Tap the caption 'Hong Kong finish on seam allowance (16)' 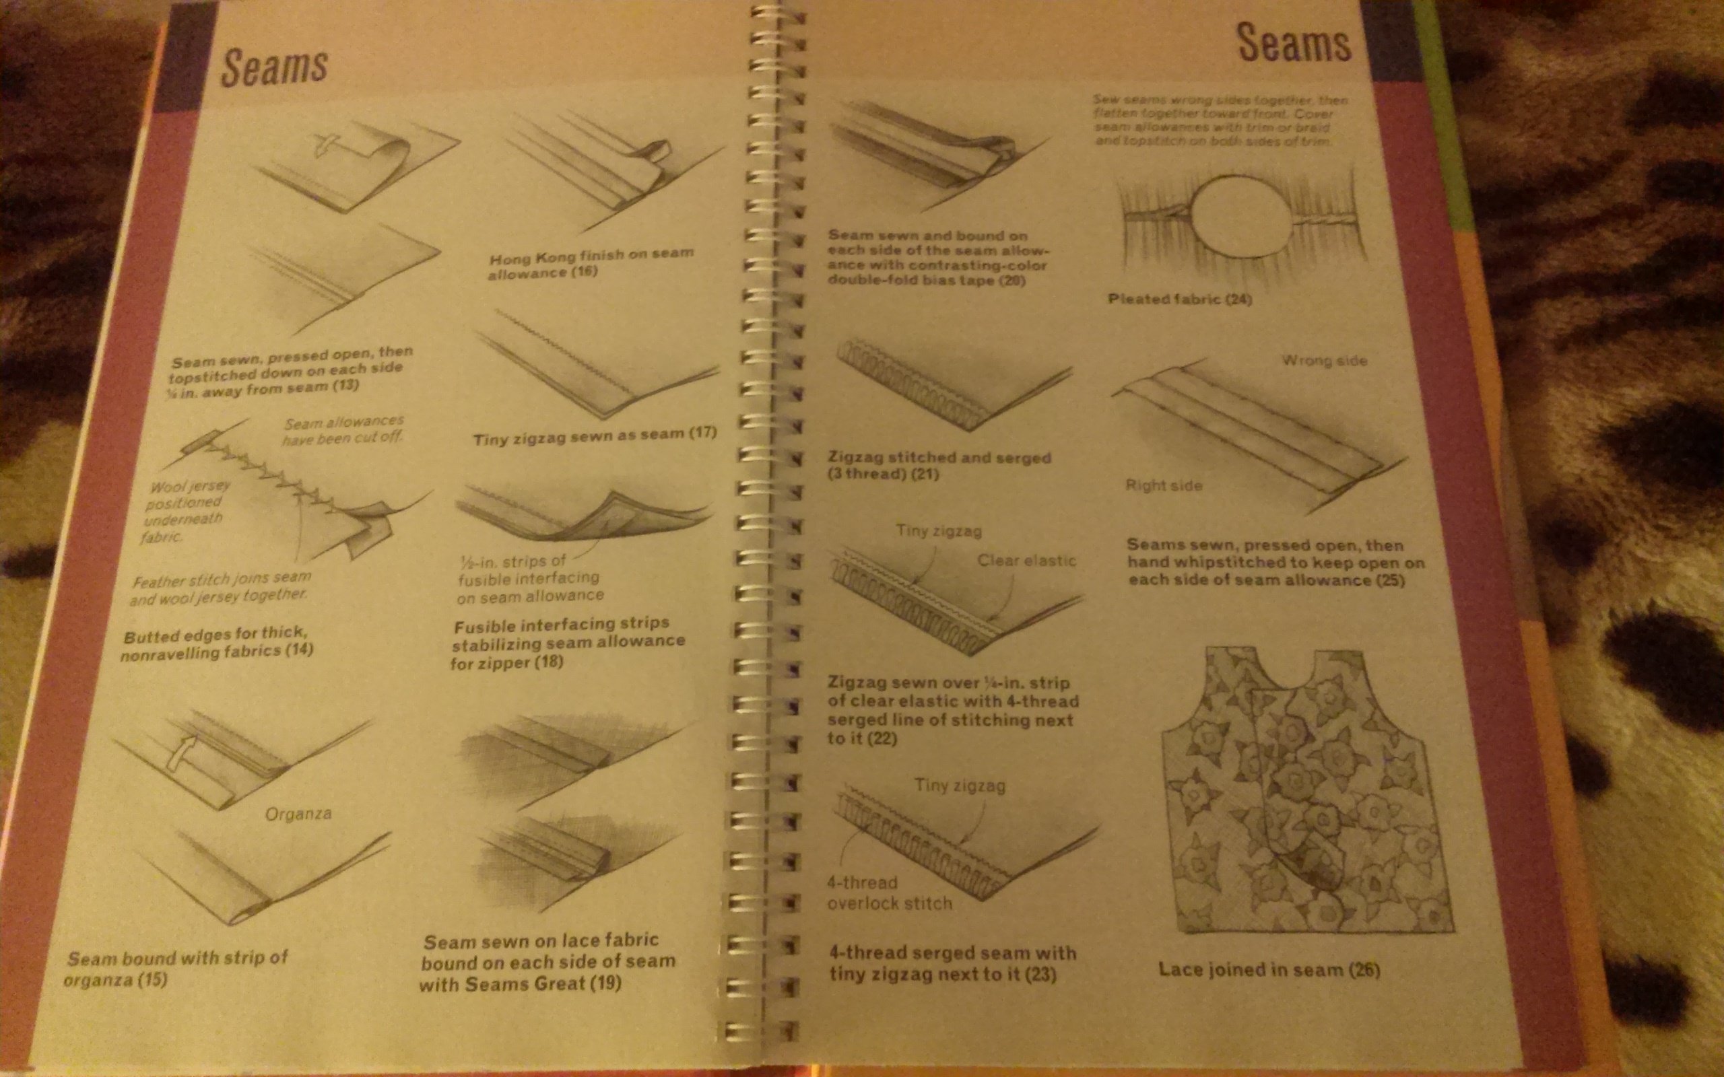coord(590,263)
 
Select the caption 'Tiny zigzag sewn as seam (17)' coord(595,436)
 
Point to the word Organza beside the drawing coord(298,813)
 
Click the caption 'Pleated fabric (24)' coord(1180,299)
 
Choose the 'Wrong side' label coord(1325,360)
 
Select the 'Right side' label coord(1163,486)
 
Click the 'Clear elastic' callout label coord(1026,561)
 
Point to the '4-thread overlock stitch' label coord(888,893)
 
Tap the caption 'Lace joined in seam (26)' coord(1269,969)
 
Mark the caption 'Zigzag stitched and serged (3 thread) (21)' coord(939,465)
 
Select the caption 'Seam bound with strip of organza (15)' coord(176,968)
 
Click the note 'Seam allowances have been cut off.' coord(343,431)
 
